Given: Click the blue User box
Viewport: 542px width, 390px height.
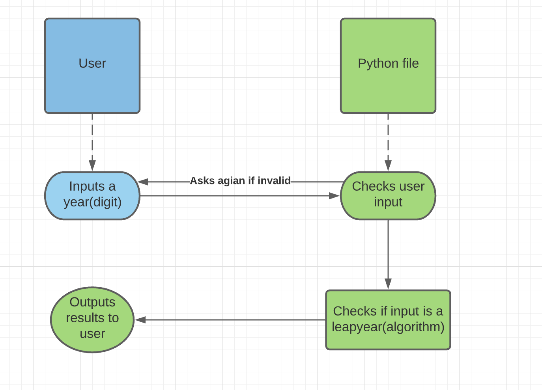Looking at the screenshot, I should [92, 66].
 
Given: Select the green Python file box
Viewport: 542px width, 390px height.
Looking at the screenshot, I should [388, 66].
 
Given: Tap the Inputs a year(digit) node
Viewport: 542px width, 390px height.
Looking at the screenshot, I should [92, 195].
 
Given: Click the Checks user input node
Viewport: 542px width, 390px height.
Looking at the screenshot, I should [388, 195].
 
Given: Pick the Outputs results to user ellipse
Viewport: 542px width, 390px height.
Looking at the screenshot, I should [92, 319].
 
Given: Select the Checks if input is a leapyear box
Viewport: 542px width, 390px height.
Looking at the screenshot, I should [388, 319].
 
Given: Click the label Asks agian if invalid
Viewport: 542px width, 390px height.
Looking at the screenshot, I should [240, 181].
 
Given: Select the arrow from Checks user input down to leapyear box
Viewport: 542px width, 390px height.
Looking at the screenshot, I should [388, 252].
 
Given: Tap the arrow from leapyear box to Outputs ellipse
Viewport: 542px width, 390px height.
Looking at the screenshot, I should [233, 320].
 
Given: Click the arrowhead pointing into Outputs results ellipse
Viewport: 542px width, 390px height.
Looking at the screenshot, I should [140, 320].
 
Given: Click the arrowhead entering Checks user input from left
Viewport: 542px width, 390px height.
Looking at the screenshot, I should [334, 196].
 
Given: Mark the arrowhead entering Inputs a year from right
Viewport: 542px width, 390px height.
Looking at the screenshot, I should [143, 182].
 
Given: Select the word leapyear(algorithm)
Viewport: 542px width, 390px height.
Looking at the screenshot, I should [388, 327].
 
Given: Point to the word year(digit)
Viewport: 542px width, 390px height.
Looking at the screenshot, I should [92, 202].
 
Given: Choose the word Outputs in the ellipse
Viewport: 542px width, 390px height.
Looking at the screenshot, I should [92, 302].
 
